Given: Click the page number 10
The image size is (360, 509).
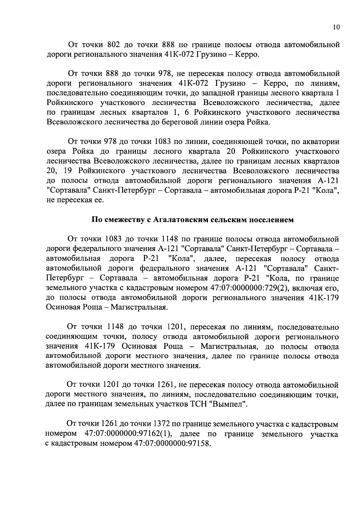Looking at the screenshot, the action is point(336,27).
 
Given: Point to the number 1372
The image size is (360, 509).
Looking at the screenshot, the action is point(162,424).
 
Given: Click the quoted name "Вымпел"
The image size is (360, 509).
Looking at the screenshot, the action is point(229,404).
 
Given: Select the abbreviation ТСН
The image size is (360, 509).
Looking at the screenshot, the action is point(199,404).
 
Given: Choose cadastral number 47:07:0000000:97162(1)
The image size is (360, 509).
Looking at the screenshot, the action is point(128,434).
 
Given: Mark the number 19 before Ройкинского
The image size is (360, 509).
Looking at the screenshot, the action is point(69,171).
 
